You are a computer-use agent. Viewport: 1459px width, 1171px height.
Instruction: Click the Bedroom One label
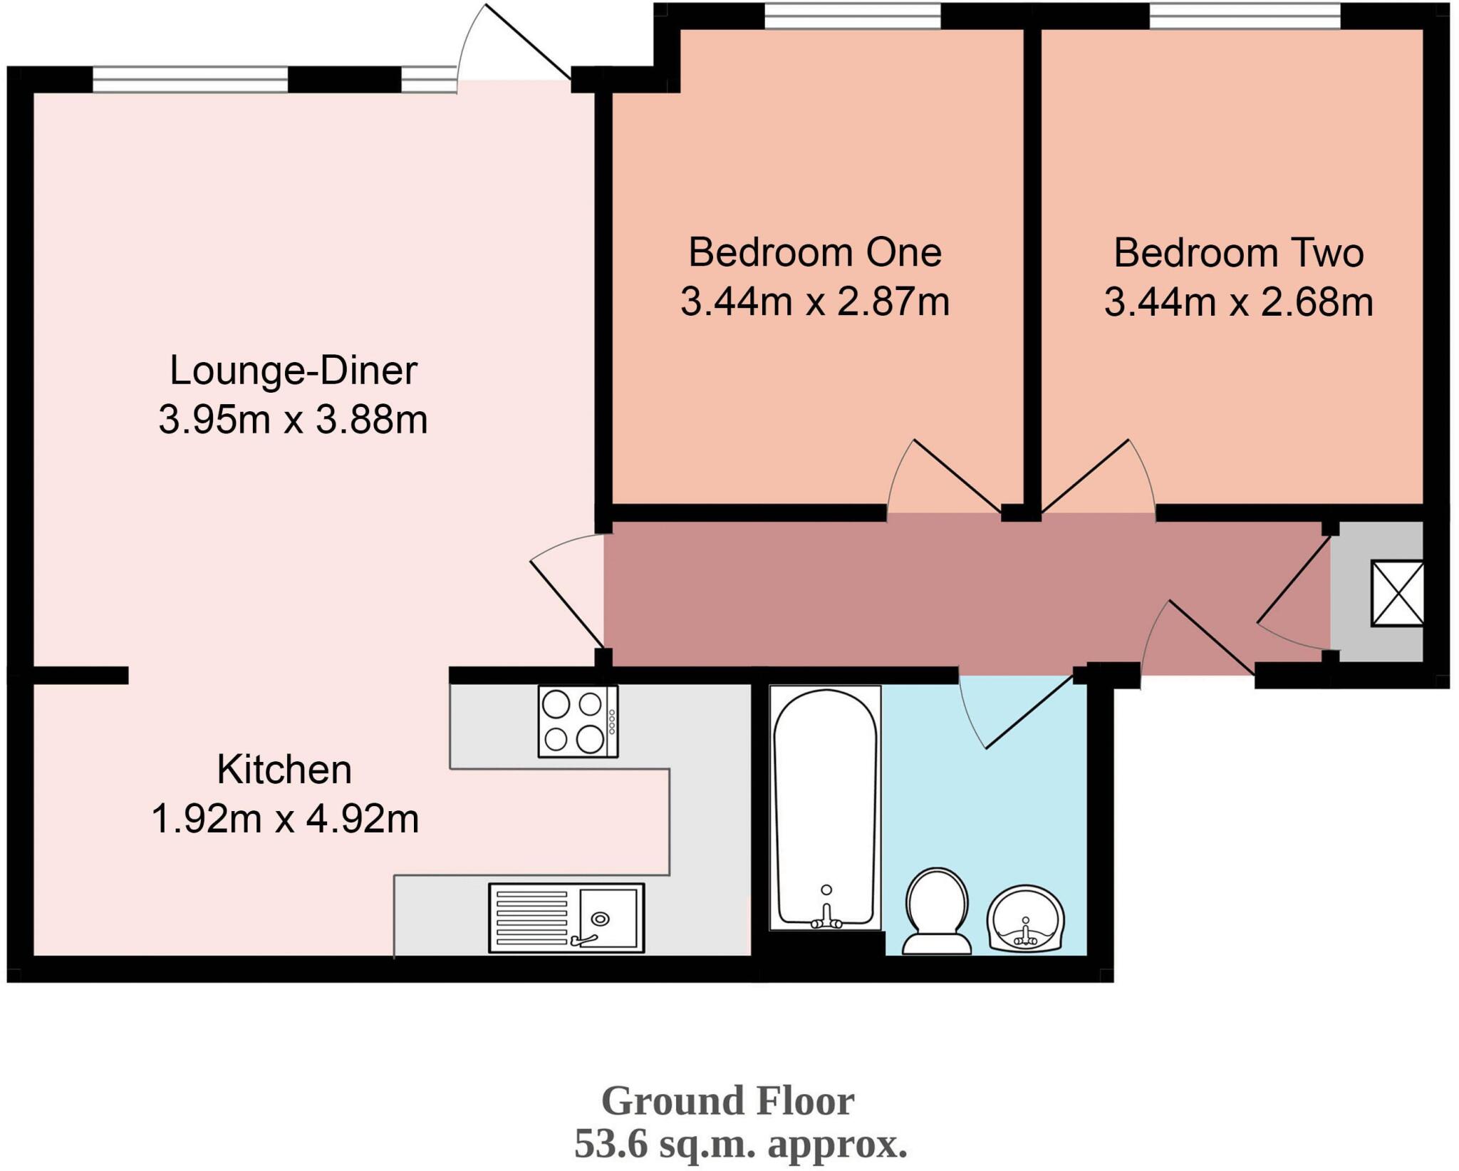click(814, 253)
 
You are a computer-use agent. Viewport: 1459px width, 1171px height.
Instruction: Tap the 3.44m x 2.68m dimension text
click(1238, 302)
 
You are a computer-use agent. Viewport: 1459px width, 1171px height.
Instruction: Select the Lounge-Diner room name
click(293, 371)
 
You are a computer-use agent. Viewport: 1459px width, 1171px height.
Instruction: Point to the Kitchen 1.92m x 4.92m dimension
click(285, 819)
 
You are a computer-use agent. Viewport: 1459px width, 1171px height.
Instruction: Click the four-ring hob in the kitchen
click(578, 721)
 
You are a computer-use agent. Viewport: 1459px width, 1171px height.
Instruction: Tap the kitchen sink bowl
click(608, 919)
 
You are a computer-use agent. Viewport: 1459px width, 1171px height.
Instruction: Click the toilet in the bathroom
click(937, 911)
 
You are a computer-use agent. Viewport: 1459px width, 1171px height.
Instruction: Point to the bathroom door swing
click(1012, 713)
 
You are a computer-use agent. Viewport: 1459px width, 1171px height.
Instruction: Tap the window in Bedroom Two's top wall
click(1244, 16)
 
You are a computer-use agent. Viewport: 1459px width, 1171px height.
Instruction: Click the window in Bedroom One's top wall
click(852, 16)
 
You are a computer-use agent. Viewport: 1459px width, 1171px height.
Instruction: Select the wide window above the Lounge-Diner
click(190, 79)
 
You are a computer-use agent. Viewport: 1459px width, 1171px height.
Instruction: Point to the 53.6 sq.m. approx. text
click(740, 1145)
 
